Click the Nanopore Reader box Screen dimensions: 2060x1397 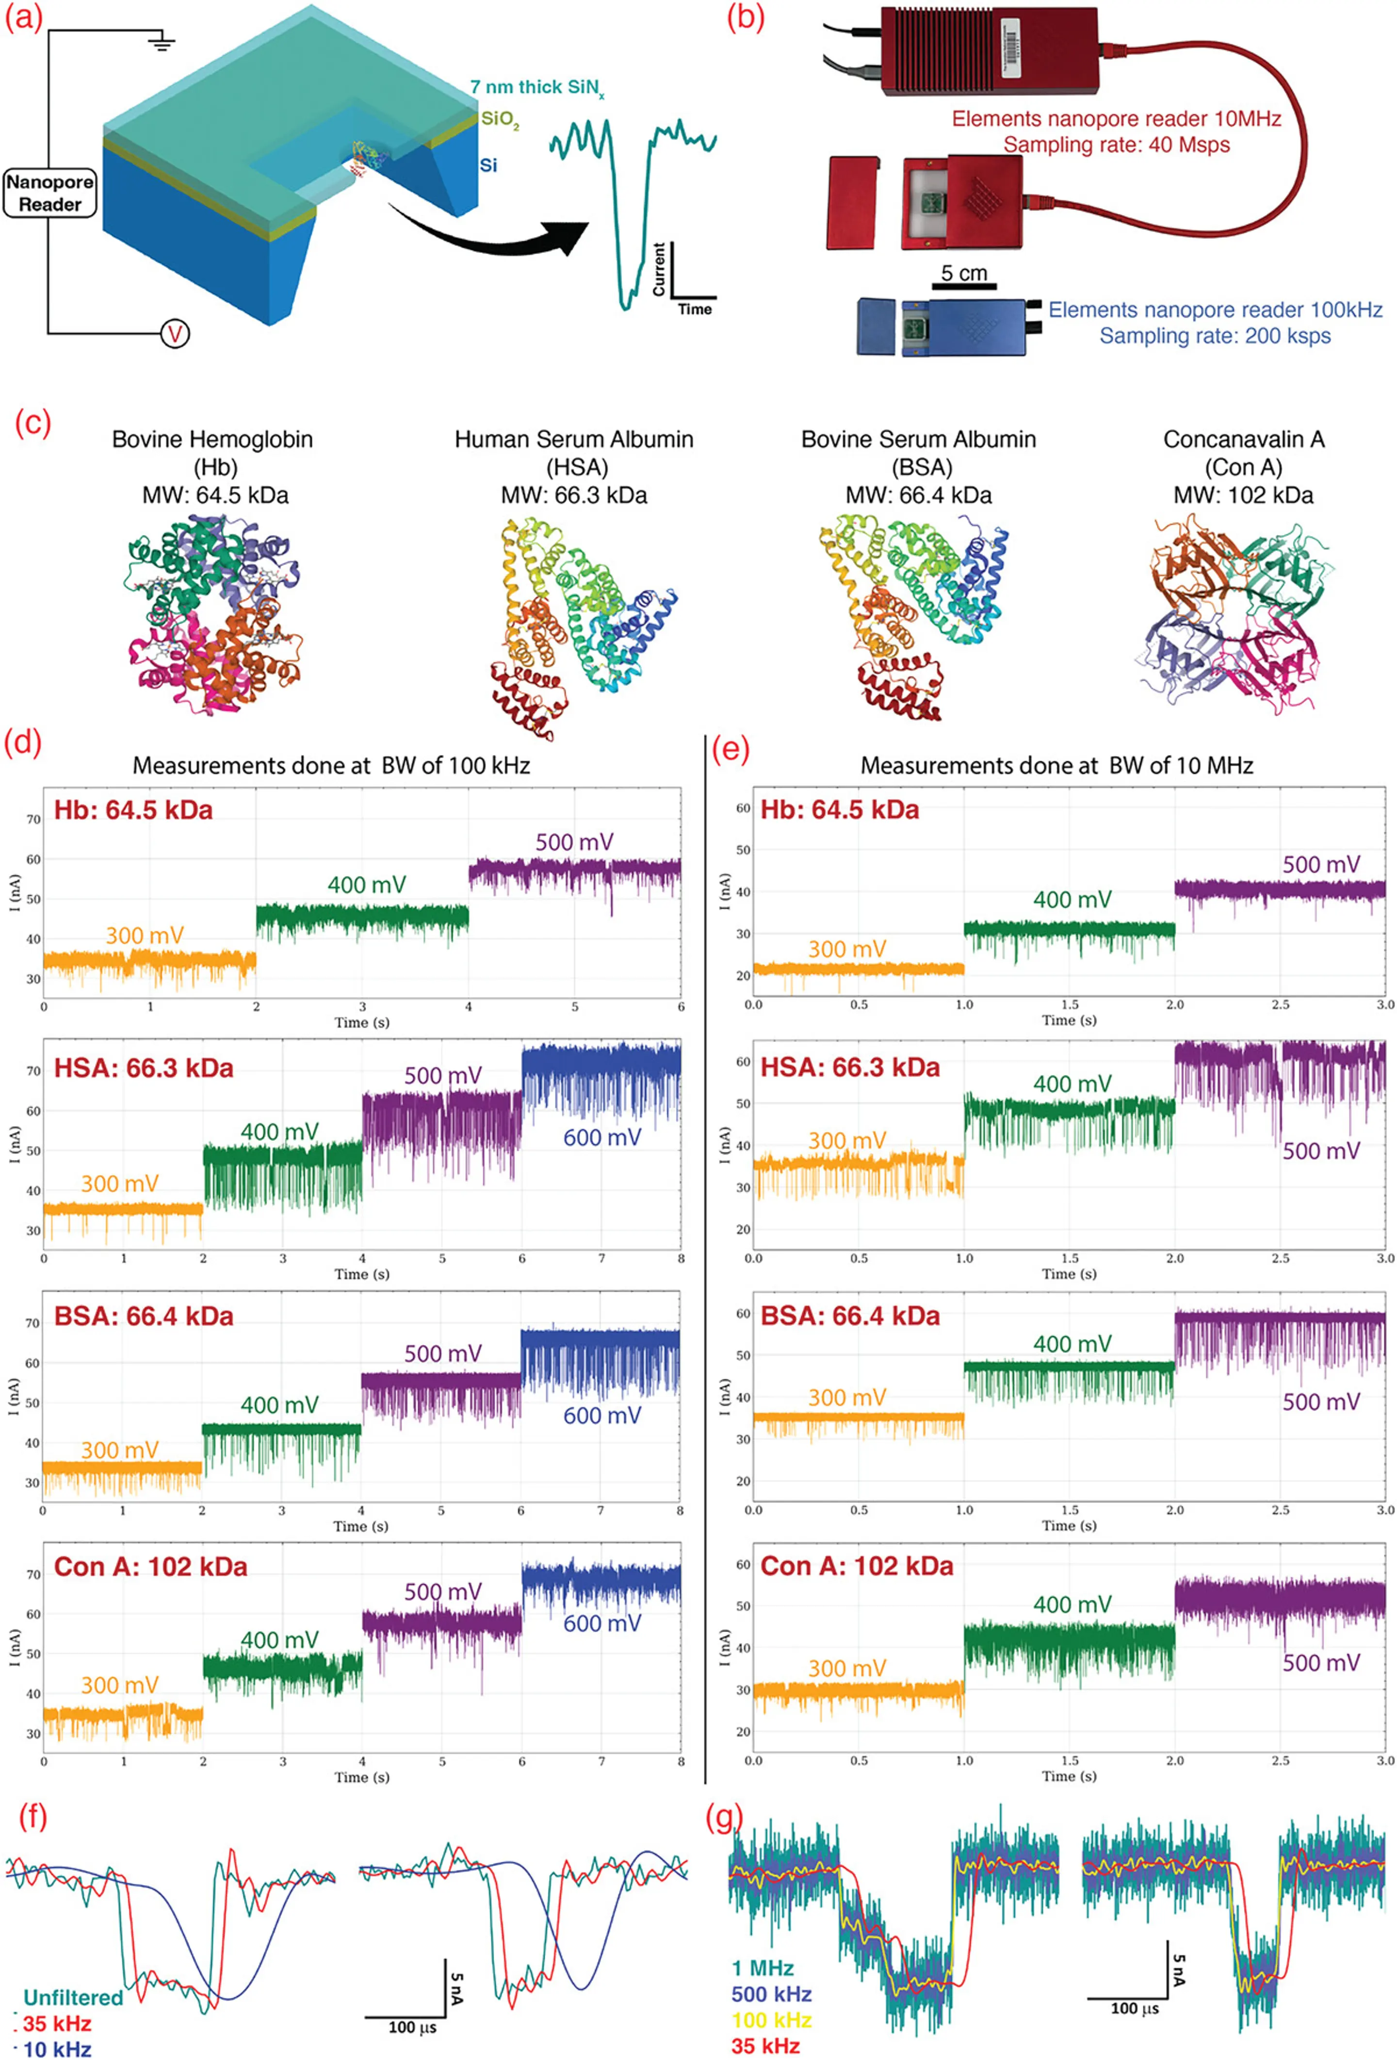tap(49, 193)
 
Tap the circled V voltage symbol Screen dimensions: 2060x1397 tap(175, 334)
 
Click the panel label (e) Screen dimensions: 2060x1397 tap(731, 749)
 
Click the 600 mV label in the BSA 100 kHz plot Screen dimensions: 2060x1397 tap(602, 1416)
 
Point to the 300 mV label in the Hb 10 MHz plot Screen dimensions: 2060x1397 tap(846, 950)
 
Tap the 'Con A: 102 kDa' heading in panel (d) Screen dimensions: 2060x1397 tap(151, 1567)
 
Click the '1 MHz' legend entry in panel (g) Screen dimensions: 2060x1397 tap(763, 1969)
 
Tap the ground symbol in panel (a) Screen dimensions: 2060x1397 tap(162, 42)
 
